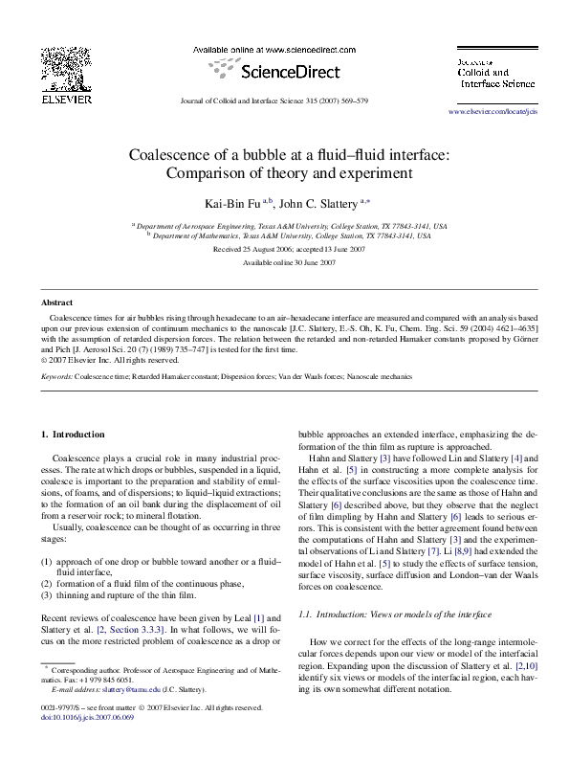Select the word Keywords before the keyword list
(56, 377)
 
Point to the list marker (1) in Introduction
(46, 561)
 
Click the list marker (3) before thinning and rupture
(46, 594)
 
